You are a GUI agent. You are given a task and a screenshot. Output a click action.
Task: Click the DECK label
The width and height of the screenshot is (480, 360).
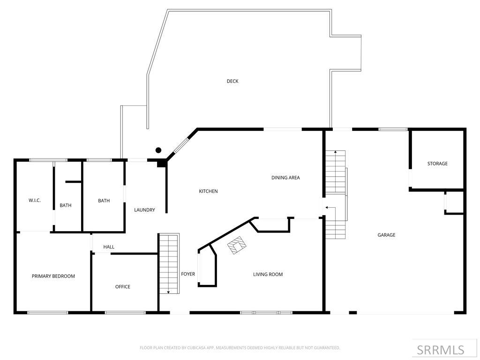(232, 81)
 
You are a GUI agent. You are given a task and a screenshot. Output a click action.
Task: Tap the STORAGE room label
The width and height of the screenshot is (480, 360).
(437, 164)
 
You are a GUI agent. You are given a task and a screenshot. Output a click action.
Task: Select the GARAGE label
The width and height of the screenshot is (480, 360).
(386, 235)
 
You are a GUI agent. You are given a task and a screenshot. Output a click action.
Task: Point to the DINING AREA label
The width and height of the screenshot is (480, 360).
(285, 178)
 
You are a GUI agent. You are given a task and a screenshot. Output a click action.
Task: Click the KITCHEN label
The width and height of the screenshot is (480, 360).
(208, 191)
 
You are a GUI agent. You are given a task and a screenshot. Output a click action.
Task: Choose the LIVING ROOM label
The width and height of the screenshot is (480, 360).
(268, 274)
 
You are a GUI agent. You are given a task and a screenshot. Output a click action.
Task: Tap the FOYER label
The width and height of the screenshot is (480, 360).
(188, 274)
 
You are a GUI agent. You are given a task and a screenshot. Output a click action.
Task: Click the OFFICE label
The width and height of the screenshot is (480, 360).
(123, 286)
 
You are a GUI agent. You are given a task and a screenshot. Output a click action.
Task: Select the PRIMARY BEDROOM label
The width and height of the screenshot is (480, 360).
(53, 276)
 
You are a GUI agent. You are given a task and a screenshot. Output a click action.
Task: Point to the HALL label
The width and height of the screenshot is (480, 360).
(109, 247)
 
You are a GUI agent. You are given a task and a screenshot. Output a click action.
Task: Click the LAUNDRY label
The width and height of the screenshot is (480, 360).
(144, 210)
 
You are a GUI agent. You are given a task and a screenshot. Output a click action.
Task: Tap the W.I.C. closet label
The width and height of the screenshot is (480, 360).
(35, 200)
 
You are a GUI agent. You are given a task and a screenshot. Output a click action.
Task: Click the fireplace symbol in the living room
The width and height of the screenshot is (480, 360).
(237, 245)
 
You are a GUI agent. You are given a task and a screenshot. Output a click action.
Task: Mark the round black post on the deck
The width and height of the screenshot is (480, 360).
(158, 150)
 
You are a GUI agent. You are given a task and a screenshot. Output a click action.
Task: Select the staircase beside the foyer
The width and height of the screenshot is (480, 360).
(169, 263)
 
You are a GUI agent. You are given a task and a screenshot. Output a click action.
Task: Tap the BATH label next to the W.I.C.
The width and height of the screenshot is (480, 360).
(66, 205)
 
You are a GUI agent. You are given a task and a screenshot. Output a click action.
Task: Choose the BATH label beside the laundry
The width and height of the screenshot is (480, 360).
(104, 201)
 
